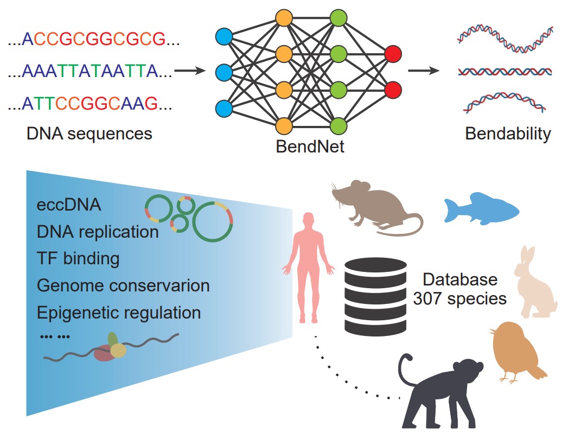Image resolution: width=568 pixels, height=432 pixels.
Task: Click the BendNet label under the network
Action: tap(310, 147)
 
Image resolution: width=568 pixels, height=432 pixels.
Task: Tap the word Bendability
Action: tap(508, 134)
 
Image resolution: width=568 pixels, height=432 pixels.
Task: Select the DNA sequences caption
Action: tap(90, 134)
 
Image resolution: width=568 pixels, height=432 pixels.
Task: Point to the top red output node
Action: tap(393, 54)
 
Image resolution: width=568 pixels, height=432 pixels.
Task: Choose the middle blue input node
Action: tap(224, 72)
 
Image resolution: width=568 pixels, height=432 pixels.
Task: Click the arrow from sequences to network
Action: tap(190, 71)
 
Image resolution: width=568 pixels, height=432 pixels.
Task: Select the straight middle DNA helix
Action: tap(505, 71)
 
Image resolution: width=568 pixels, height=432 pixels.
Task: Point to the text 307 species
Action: tap(460, 298)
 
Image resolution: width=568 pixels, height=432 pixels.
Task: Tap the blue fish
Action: tap(481, 208)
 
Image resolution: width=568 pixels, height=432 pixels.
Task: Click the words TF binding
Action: tap(78, 258)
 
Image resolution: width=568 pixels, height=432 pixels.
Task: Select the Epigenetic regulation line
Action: tap(119, 313)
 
